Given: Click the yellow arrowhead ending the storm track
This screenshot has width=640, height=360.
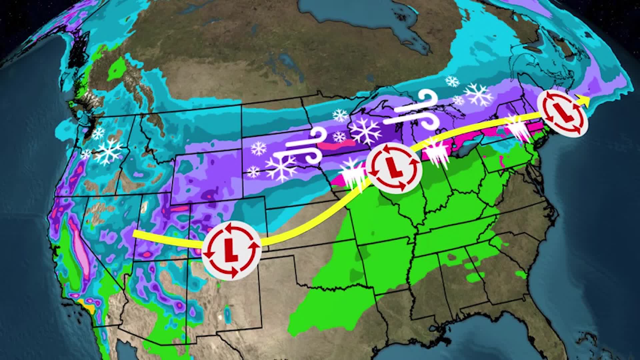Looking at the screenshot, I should pos(584,99).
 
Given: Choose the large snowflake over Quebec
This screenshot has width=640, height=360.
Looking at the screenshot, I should pos(479,94).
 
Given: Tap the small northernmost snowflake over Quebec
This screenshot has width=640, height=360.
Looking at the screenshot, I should pos(452,81).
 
